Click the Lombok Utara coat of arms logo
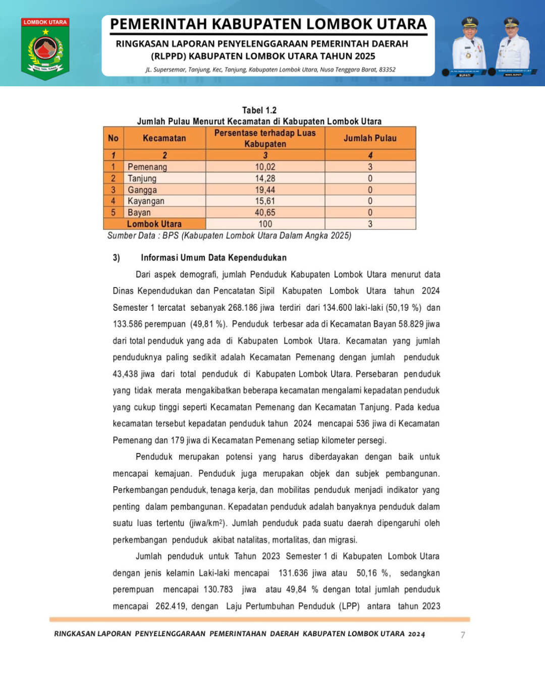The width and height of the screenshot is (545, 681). click(x=45, y=49)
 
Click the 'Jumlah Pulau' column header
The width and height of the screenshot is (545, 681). click(x=370, y=138)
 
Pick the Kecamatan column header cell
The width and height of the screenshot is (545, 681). click(x=164, y=138)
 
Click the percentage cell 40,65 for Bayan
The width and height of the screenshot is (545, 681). click(x=265, y=213)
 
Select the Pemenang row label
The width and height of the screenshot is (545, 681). click(x=147, y=167)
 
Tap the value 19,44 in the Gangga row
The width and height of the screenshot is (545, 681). click(x=265, y=190)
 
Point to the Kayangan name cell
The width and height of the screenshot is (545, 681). click(x=146, y=201)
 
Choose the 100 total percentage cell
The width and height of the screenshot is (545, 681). click(x=265, y=224)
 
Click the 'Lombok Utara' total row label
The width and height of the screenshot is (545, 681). click(x=154, y=224)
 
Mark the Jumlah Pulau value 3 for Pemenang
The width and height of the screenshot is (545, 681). click(x=370, y=167)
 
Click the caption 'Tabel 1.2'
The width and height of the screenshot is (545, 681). click(x=259, y=110)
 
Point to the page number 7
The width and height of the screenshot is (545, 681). click(x=463, y=635)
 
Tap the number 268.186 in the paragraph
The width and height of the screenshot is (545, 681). click(x=243, y=308)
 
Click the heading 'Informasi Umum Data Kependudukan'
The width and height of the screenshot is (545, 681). click(x=213, y=258)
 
